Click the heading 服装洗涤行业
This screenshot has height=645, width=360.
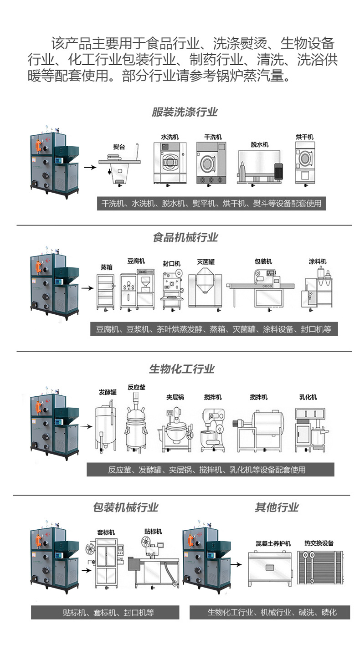185,112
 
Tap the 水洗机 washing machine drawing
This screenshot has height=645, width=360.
170,163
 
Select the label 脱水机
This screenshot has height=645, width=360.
259,144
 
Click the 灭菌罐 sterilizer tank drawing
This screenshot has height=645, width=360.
206,287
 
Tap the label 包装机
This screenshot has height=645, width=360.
263,261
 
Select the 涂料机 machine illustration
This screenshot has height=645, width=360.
317,288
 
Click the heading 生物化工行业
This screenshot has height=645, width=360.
181,369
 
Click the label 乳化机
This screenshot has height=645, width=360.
308,397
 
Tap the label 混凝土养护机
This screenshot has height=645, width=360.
273,544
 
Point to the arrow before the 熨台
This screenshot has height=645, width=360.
91,167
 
